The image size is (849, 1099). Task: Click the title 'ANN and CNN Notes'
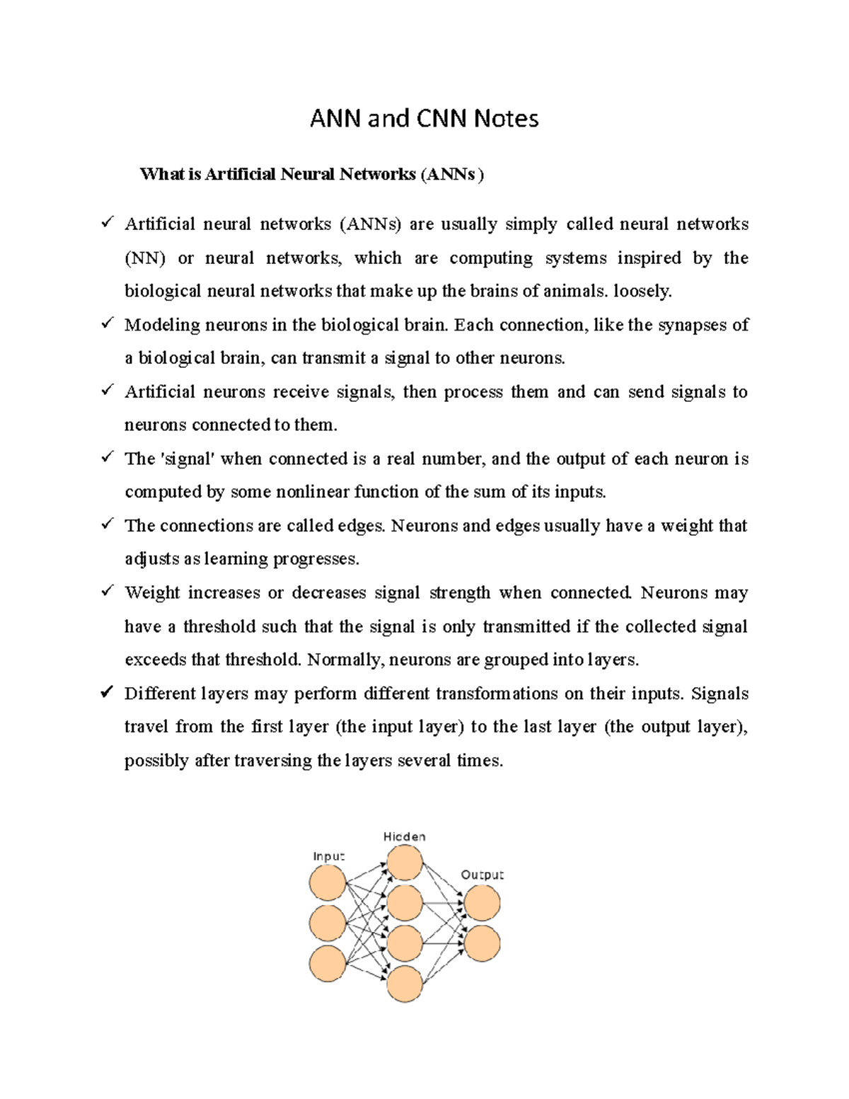click(424, 119)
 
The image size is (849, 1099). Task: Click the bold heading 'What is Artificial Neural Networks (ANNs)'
click(311, 174)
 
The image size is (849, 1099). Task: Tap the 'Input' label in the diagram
click(328, 856)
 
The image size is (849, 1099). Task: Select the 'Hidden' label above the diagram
click(404, 836)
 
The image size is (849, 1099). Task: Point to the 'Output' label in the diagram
click(482, 875)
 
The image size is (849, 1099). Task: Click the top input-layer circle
click(328, 882)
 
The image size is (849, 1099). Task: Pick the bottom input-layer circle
click(328, 963)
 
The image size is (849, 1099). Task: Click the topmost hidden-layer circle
click(405, 863)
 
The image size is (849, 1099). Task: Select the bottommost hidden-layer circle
click(405, 983)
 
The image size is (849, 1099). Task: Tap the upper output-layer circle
click(482, 902)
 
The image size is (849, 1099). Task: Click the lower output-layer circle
click(482, 943)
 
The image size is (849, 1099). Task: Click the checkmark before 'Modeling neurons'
click(108, 323)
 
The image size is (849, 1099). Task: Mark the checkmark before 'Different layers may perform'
click(108, 692)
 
